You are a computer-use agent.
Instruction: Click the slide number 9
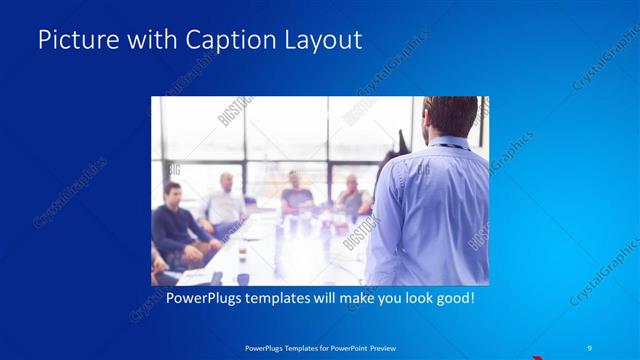click(x=590, y=346)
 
